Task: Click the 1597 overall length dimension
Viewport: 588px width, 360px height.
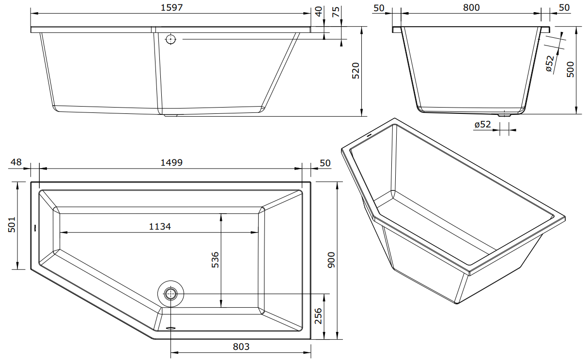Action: click(171, 8)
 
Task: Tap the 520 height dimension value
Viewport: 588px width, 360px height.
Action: click(356, 71)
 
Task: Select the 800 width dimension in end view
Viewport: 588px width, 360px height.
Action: click(471, 8)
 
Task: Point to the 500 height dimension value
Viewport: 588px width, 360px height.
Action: click(571, 69)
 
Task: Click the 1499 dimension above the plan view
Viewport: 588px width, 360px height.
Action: click(171, 163)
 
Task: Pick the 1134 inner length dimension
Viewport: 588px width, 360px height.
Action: click(160, 226)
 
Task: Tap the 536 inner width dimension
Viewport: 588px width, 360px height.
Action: click(215, 260)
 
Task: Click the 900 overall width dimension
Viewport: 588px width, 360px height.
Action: click(332, 260)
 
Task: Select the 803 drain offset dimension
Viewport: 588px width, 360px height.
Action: click(241, 347)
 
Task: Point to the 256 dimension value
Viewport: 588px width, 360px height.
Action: click(318, 316)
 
